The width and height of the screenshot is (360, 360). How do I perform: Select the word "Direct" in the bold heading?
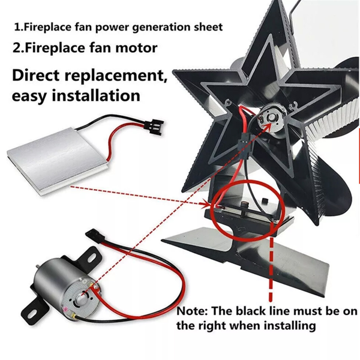[36, 76]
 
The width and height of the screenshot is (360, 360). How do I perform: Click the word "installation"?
[96, 95]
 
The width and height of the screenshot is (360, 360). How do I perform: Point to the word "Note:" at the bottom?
[192, 311]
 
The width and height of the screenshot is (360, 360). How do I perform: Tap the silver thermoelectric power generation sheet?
[58, 158]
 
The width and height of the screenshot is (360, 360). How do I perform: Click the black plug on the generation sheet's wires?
[155, 128]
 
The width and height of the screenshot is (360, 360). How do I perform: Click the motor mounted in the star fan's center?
[272, 118]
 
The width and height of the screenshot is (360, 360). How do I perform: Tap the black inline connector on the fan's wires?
[244, 145]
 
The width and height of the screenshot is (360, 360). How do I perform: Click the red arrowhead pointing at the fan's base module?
[205, 204]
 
